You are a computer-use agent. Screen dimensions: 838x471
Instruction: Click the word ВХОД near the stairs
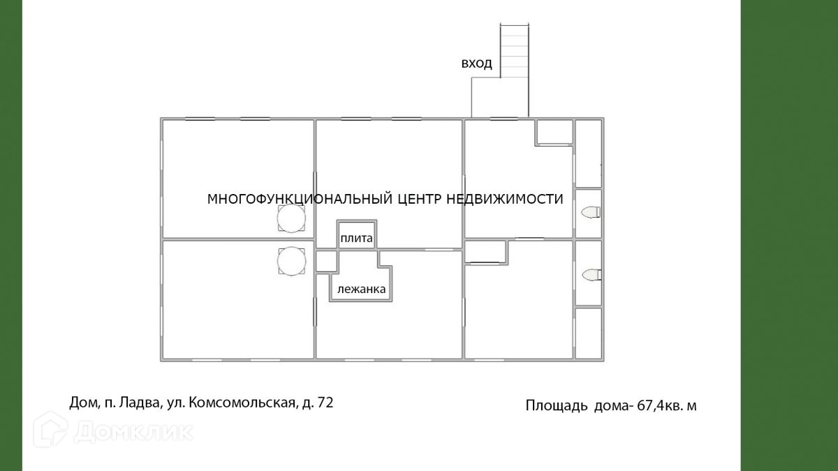pos(476,64)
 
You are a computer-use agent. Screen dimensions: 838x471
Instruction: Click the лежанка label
pos(361,289)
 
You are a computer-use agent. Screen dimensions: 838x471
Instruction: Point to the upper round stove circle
pos(291,219)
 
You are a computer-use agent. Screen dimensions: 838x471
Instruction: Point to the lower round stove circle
pos(291,262)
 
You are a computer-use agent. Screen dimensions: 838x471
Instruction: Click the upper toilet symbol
pos(591,212)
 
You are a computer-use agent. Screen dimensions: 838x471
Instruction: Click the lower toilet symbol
pos(591,275)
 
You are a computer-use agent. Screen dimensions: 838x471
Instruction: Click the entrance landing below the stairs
pos(499,97)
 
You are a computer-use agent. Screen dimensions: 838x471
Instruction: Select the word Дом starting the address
pos(82,403)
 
